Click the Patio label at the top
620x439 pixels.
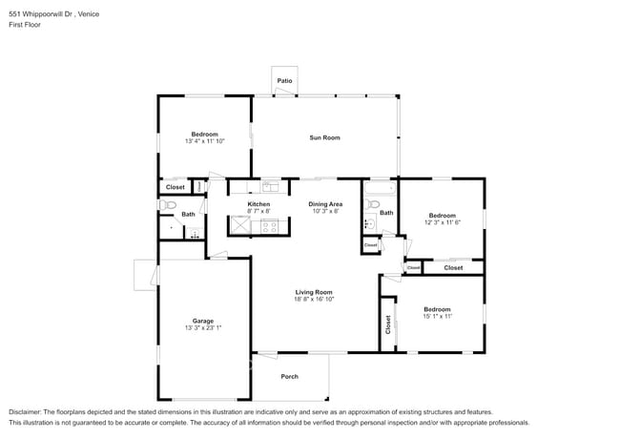click(284, 81)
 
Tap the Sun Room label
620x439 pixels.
click(324, 137)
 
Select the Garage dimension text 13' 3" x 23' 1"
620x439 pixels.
click(203, 327)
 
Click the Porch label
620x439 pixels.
click(289, 376)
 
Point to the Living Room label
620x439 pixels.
click(313, 292)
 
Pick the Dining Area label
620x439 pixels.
click(325, 204)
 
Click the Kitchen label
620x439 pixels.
click(258, 204)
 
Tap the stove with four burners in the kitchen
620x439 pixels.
click(269, 226)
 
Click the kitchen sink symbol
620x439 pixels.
click(270, 186)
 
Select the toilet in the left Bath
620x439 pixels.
click(162, 204)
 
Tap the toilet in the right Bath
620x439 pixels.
click(368, 225)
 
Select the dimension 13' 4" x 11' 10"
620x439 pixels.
click(204, 141)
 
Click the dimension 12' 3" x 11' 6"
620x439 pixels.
click(442, 222)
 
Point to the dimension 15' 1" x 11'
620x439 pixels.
click(437, 316)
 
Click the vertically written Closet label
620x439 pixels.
click(388, 324)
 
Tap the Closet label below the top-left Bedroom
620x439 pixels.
click(176, 187)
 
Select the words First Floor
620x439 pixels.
click(26, 25)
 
